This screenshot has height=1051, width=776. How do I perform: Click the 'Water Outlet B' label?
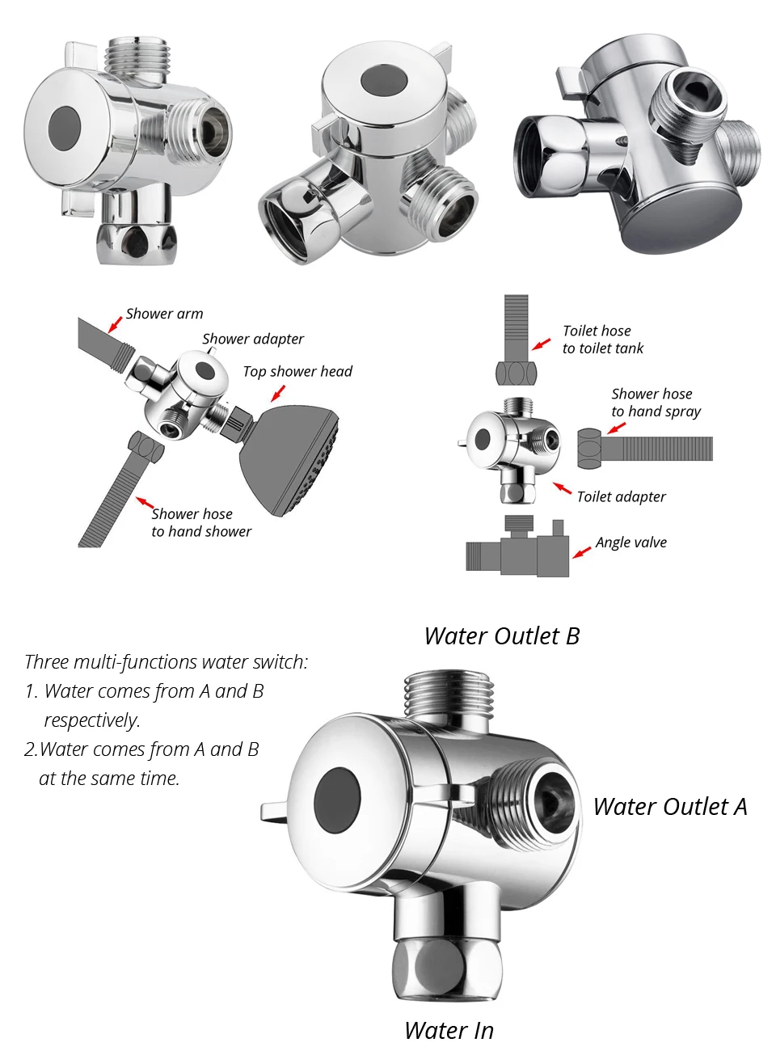[x=502, y=636]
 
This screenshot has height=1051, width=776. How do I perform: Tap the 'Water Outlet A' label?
[x=670, y=807]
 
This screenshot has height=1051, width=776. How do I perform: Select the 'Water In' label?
[x=449, y=1030]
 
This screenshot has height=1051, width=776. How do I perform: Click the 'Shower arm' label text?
[x=164, y=314]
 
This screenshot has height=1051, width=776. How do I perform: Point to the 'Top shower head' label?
[x=297, y=372]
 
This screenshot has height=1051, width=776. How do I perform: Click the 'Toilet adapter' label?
[x=621, y=496]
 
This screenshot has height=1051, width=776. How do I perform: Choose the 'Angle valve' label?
[x=631, y=542]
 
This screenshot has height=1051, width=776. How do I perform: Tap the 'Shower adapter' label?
[x=253, y=339]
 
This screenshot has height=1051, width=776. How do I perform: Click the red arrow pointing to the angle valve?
[x=581, y=552]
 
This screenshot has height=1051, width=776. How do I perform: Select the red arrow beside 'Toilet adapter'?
[x=562, y=488]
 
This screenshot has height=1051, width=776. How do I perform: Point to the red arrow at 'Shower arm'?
[x=115, y=324]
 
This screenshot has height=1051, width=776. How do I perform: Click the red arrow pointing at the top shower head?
[x=278, y=393]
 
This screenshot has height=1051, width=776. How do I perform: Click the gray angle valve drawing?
[x=518, y=547]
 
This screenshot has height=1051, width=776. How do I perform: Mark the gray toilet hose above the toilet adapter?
[x=517, y=340]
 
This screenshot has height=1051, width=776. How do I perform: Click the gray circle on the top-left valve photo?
[x=65, y=129]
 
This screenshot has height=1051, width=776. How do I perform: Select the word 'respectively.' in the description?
[x=92, y=720]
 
